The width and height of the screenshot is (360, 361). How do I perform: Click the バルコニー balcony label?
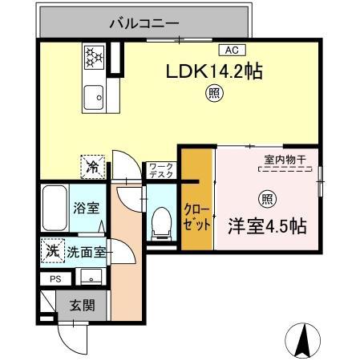145,23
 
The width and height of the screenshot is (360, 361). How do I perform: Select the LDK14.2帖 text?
215,71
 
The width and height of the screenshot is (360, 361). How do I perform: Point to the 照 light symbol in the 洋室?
265,198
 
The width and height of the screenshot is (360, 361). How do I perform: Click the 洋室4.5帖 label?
266,225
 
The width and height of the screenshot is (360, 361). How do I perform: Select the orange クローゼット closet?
196,209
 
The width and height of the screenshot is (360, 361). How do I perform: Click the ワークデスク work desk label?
157,172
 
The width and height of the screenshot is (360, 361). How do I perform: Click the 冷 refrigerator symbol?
93,168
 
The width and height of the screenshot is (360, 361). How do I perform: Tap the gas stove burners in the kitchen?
95,56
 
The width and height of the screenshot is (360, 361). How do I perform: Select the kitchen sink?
95,96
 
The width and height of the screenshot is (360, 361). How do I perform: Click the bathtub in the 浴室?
55,209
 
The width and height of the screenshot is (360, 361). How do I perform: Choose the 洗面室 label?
87,252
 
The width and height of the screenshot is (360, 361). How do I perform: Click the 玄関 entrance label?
81,305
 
